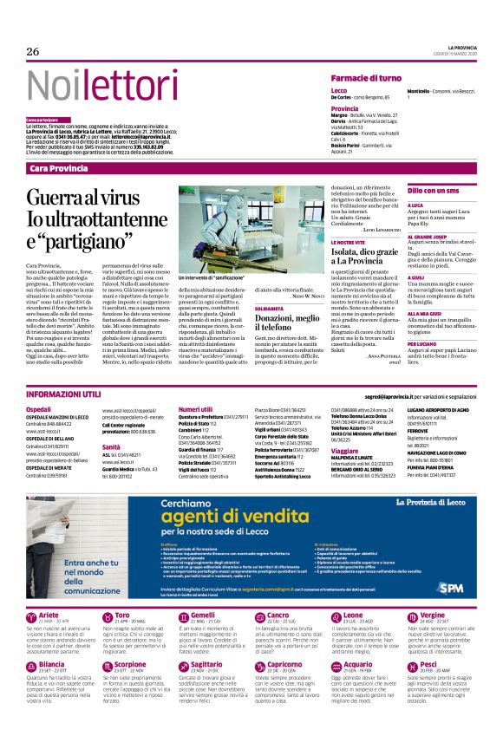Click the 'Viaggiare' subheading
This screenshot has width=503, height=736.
(x=345, y=452)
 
